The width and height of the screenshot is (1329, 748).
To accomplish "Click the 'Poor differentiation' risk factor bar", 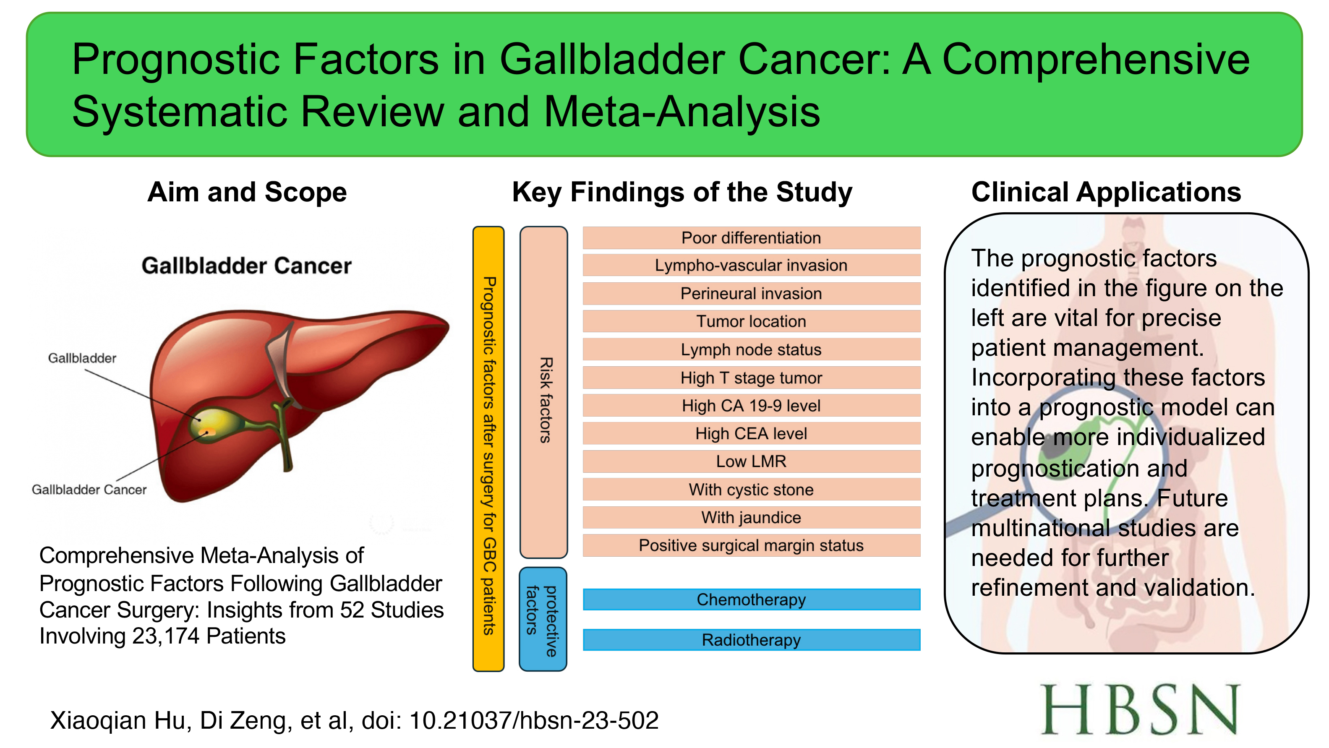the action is [751, 238].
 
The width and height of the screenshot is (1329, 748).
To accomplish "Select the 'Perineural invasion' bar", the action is [751, 294].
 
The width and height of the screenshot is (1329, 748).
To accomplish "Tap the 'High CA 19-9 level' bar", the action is [751, 406].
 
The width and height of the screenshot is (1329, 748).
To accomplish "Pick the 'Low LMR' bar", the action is [751, 461].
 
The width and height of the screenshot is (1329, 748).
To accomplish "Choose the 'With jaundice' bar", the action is [751, 517].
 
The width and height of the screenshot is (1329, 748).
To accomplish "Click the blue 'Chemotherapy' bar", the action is [751, 599].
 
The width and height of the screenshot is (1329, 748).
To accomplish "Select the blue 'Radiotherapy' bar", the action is [751, 640].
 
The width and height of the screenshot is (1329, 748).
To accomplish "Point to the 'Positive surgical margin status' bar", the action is [751, 545].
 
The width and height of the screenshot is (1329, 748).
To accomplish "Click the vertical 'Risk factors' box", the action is [544, 393].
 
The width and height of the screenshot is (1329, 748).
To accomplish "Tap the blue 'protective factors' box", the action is [543, 619].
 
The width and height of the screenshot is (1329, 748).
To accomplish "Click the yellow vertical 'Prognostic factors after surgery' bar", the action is [488, 449].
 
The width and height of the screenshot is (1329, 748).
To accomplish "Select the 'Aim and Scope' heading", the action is [247, 193].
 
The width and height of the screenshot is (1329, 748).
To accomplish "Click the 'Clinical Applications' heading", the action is [1106, 193].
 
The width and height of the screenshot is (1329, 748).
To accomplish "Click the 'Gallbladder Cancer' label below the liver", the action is [89, 490].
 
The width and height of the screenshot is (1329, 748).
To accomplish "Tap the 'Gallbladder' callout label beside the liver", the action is [82, 358].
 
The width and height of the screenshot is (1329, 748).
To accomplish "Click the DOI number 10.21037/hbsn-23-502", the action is [534, 720].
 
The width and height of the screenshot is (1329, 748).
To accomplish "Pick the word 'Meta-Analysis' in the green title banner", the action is [682, 112].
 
